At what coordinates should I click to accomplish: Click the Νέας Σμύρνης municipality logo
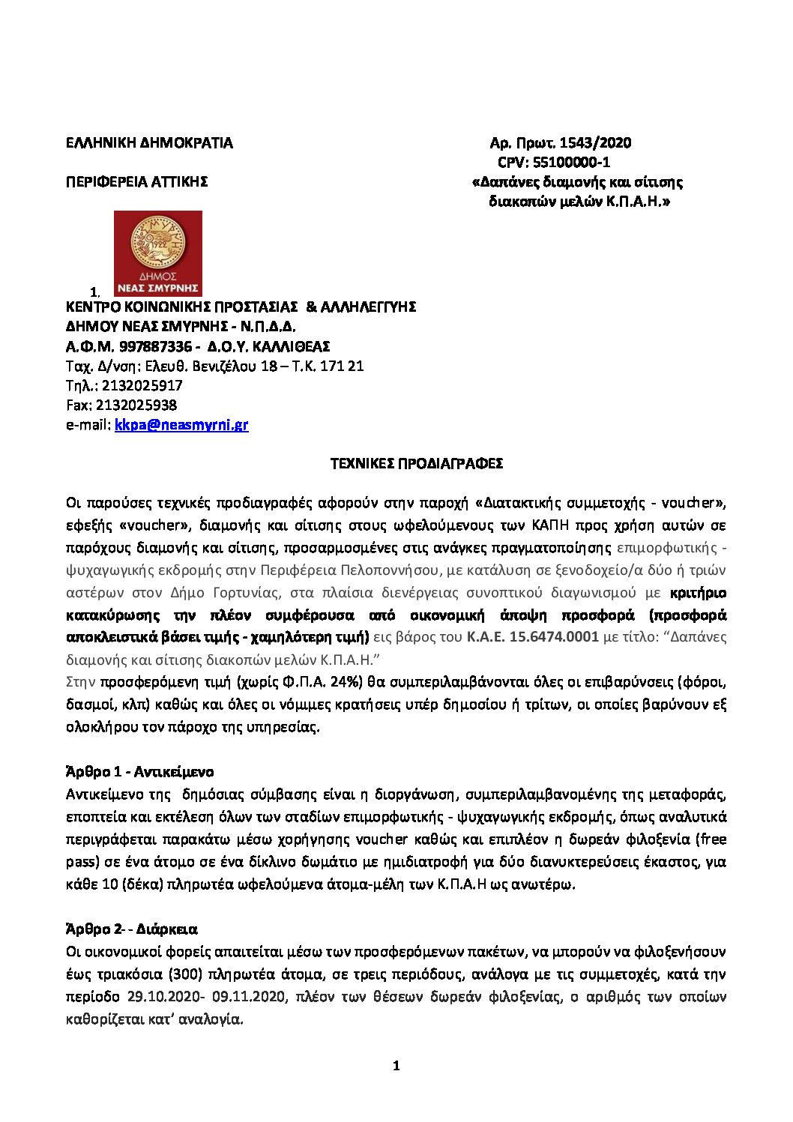point(157,253)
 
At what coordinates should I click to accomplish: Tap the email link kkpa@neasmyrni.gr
point(181,425)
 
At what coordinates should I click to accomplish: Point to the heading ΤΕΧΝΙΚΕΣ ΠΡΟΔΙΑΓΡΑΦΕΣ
point(417,463)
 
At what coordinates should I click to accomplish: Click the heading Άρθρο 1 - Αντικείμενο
point(140,772)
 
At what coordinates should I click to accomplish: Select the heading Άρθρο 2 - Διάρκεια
point(132,929)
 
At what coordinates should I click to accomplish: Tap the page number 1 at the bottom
point(396,1066)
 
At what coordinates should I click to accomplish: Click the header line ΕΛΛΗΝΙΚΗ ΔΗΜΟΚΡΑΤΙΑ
point(149,142)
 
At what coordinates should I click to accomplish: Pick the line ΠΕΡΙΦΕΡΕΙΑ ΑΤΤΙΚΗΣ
point(136,181)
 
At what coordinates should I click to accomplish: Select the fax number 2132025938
point(136,405)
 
